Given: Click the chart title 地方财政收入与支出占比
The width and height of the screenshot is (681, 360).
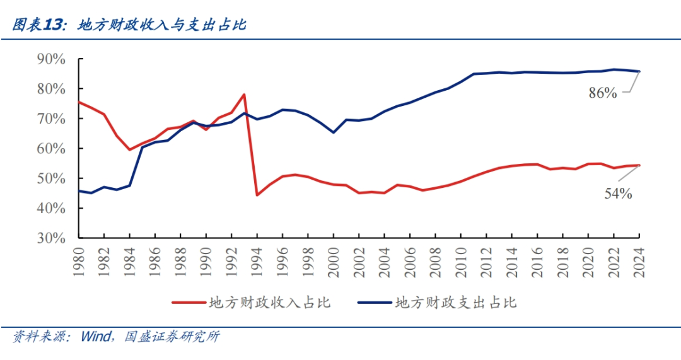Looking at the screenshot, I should pyautogui.click(x=162, y=25).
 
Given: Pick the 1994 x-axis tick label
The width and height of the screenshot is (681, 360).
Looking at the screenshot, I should pyautogui.click(x=257, y=260).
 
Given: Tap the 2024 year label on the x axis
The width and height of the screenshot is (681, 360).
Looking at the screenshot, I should pyautogui.click(x=639, y=260).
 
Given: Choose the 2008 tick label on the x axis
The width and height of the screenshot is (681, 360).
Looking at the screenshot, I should pyautogui.click(x=435, y=260).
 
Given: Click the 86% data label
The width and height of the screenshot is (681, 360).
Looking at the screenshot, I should pyautogui.click(x=602, y=93).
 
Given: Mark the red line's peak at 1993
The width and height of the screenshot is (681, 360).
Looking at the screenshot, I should pyautogui.click(x=244, y=95).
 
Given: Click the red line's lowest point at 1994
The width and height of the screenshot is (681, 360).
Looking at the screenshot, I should pyautogui.click(x=257, y=195).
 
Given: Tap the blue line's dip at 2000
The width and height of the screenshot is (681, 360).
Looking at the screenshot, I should pyautogui.click(x=334, y=132).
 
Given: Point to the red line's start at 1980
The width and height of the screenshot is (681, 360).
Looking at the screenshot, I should pyautogui.click(x=78, y=102).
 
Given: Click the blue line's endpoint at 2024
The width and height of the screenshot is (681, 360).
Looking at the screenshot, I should pyautogui.click(x=639, y=71).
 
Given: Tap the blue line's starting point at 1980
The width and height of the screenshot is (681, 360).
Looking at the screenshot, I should pyautogui.click(x=78, y=191).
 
